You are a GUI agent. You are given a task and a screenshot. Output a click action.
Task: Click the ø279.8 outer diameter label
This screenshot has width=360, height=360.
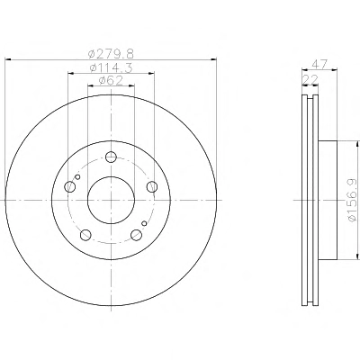click(x=111, y=54)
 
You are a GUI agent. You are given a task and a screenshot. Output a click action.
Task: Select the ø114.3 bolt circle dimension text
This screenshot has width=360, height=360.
click(x=111, y=68)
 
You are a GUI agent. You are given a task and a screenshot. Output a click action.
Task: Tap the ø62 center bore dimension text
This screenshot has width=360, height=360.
click(x=111, y=80)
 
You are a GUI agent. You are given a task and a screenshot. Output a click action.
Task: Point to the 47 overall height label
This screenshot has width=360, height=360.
click(x=319, y=65)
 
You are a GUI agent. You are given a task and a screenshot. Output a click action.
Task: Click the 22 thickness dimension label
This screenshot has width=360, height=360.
click(x=310, y=80)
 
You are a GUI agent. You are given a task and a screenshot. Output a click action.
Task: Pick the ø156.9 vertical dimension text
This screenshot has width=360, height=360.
click(x=352, y=200)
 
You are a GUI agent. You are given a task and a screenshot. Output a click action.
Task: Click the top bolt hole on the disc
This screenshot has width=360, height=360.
click(x=111, y=157)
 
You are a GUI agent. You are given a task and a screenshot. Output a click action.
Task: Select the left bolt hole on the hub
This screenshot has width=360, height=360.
click(x=69, y=186)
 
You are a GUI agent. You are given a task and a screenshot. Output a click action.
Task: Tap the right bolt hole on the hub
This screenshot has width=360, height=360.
click(x=152, y=186)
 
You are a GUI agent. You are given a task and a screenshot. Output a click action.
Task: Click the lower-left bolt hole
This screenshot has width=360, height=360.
click(x=85, y=235)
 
